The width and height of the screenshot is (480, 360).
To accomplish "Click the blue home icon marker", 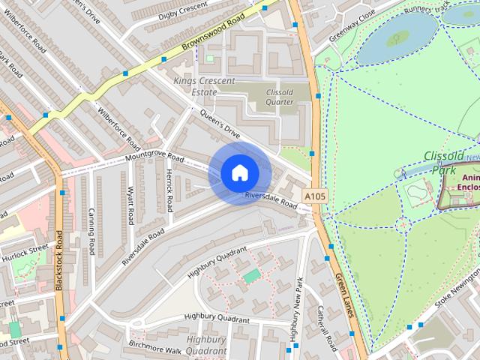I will coord(239,173).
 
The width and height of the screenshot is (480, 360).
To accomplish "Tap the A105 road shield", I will coord(315,196).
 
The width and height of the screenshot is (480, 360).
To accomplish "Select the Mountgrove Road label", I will coord(154,157).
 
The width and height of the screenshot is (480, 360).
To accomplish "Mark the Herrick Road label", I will coord(169,189).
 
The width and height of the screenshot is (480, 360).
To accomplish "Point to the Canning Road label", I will coord(91,231).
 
